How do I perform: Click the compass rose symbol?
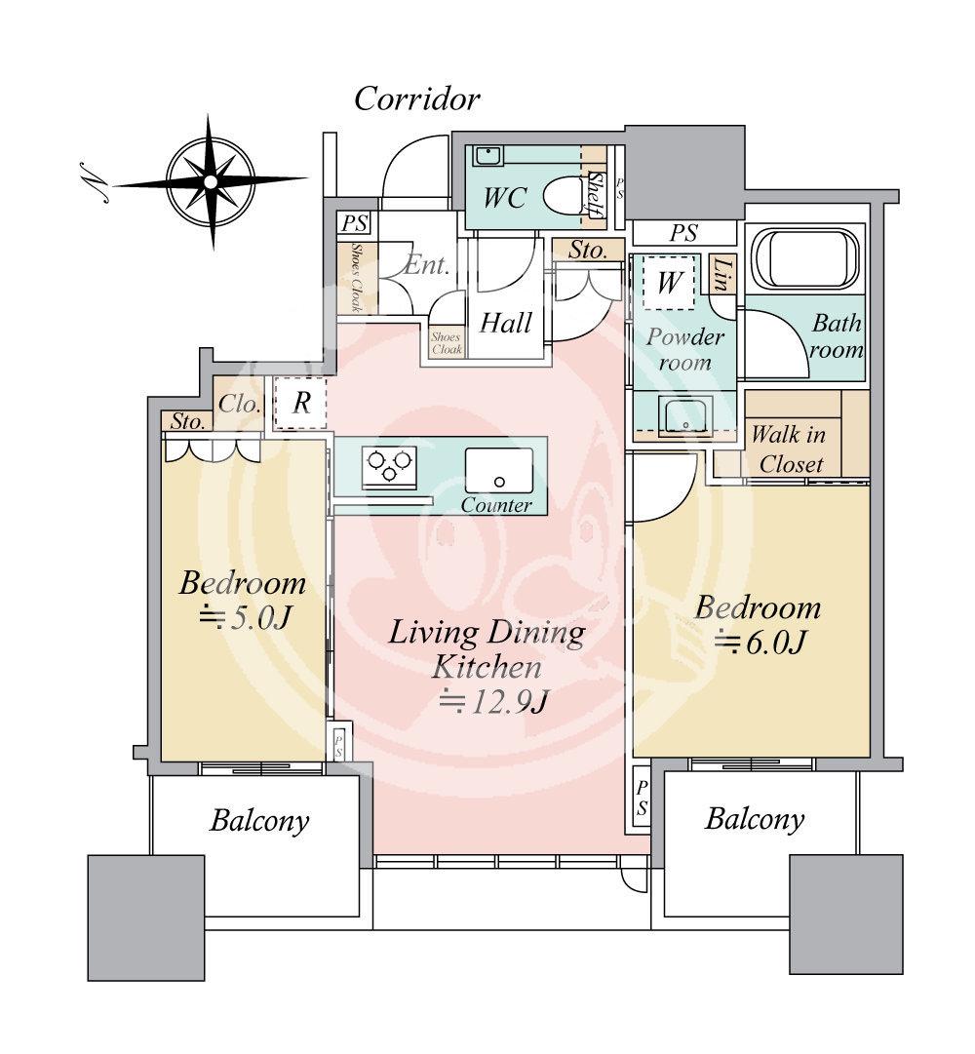[x=211, y=181]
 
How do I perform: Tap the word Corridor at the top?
[x=416, y=99]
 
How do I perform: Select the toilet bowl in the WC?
[x=564, y=195]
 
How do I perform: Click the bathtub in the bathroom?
[x=805, y=259]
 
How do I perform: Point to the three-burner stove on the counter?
[x=389, y=465]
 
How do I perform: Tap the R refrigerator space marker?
[x=301, y=403]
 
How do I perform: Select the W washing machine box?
[x=669, y=283]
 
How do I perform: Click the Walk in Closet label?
[x=789, y=449]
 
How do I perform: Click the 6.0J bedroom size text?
[x=760, y=643]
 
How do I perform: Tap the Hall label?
[x=505, y=324]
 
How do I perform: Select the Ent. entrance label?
[x=427, y=265]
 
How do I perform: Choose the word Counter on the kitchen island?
[x=496, y=505]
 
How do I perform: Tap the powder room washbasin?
[x=685, y=415]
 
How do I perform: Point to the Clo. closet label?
[x=239, y=404]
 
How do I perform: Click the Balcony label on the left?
[x=259, y=821]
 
